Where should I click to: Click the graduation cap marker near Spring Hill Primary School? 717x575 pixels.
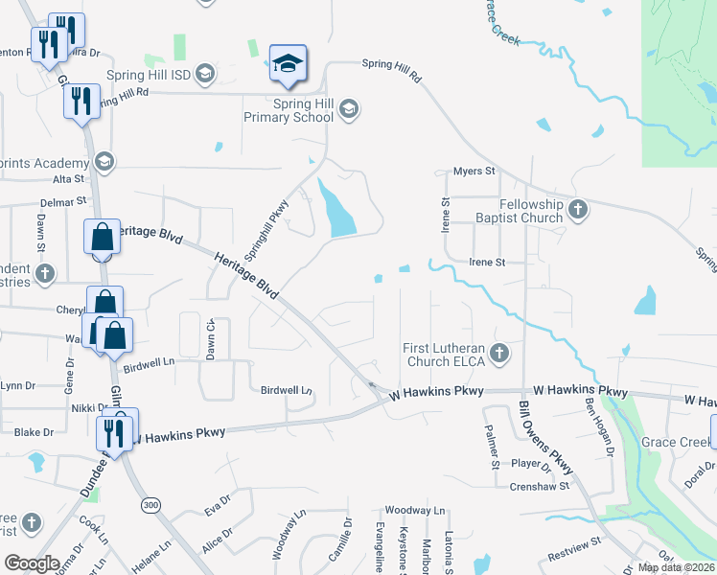288,64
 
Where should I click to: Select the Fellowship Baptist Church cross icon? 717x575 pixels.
577,210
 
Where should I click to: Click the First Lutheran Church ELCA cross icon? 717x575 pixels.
498,354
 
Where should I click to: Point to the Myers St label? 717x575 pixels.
474,172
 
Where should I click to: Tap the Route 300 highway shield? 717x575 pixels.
150,505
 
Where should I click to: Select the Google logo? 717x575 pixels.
31,563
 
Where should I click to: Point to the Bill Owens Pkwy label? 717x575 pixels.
544,437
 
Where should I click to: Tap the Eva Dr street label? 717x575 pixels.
219,505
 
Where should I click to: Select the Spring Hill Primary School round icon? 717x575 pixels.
349,110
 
